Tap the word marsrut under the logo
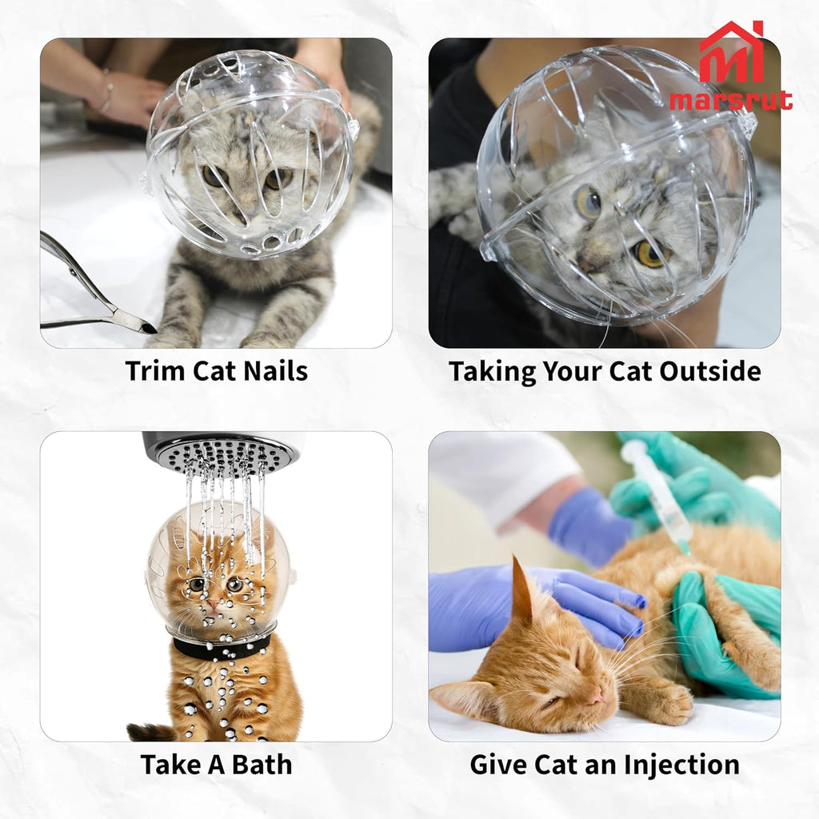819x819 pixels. pos(731,100)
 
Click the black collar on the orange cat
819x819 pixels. pos(221,646)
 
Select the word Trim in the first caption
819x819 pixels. pos(153,371)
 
